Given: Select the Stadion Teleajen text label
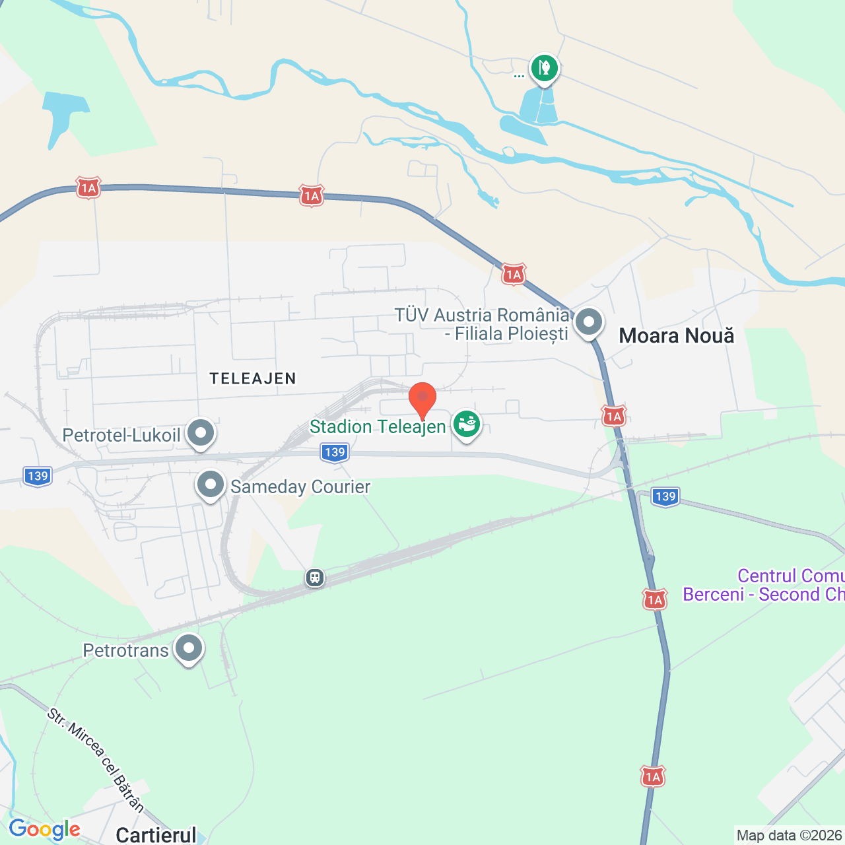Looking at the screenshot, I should [x=378, y=427].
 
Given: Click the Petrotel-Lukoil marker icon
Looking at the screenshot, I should [x=201, y=433].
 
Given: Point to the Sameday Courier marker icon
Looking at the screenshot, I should [x=211, y=485].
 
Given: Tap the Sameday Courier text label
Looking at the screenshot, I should [x=300, y=487].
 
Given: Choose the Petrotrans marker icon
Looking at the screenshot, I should [x=189, y=649].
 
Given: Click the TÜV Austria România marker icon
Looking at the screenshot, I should [x=588, y=323].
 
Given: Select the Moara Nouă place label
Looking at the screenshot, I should [x=676, y=336].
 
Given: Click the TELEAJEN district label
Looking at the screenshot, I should [x=253, y=378].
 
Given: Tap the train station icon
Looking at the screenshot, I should [x=315, y=578].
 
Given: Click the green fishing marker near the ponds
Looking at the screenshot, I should [x=544, y=67].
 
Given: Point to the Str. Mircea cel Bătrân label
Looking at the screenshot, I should [x=96, y=759].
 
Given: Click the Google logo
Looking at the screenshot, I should [x=44, y=829].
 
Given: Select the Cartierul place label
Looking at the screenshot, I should [x=156, y=835].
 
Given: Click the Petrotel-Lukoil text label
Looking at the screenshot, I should [x=121, y=436].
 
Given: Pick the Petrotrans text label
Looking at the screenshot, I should [x=125, y=651].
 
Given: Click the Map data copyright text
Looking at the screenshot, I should [x=790, y=835].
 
